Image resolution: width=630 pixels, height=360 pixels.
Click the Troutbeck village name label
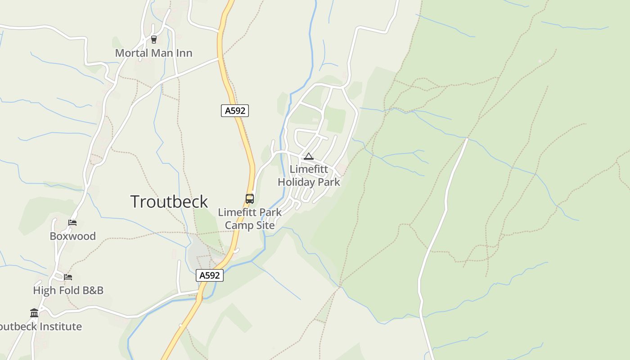pos(169,202)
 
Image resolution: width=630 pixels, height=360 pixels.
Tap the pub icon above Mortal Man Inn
pos(154,40)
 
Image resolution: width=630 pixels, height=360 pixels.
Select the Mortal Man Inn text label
pos(153,53)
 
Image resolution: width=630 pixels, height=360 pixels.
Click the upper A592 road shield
pos(235,111)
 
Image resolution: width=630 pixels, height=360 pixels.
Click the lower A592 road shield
pos(210,275)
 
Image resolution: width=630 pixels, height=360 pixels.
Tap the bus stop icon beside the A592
pos(249,198)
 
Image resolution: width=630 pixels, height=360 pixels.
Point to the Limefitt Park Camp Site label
pos(250,219)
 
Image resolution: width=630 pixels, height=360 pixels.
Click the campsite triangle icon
pos(308,157)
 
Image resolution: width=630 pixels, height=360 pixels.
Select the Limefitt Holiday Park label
pos(309,175)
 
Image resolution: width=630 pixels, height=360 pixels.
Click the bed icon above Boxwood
pos(72,223)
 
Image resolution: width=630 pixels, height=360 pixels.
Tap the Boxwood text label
pos(72,236)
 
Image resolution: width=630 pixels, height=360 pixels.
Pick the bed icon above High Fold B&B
pos(68,277)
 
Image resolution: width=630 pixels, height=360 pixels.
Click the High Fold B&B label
pos(68,290)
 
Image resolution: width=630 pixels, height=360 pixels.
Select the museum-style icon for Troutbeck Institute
pos(34,313)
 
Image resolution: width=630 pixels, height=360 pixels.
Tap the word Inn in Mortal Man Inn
pos(184,53)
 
